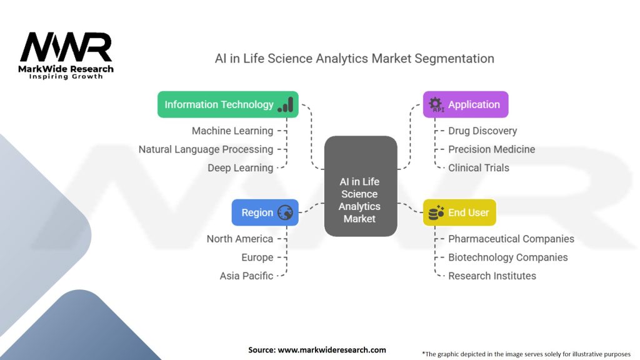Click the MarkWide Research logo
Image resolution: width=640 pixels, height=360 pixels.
coord(66,55)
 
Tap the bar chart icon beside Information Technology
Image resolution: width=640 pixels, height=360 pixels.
coord(286,104)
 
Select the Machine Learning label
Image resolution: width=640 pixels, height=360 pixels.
coord(232,131)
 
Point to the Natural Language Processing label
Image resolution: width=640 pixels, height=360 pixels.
coord(206,149)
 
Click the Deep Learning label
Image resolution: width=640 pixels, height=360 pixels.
coord(241,167)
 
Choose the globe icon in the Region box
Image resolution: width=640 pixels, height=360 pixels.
coord(285,212)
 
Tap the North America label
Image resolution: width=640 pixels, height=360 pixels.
coord(240,239)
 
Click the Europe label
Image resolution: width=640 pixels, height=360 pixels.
coord(257,257)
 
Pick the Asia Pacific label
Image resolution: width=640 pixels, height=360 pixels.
coord(246,276)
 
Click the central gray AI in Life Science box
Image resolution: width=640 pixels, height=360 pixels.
coord(360,186)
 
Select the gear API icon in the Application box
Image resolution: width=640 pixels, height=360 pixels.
coord(436,104)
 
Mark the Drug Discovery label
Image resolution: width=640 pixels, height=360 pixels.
coord(482,131)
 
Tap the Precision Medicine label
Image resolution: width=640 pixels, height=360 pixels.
coord(491,149)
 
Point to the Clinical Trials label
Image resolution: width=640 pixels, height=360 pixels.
coord(479,167)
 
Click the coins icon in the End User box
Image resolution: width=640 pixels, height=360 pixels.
coord(436,212)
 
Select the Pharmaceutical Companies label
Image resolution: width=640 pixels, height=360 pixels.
coord(511,239)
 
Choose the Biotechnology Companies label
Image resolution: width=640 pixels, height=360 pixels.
coord(507,257)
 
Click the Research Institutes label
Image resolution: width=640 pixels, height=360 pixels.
coord(492,276)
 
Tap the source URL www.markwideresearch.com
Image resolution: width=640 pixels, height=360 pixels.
coord(331,350)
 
